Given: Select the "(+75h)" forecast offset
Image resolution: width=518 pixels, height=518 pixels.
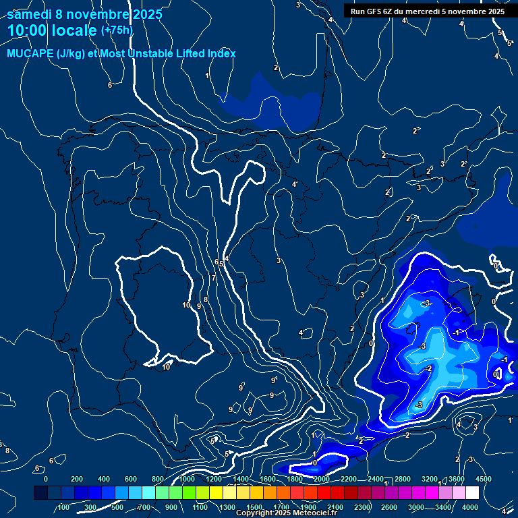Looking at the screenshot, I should (x=117, y=30).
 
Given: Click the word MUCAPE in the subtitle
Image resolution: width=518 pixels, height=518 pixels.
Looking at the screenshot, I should (x=32, y=53).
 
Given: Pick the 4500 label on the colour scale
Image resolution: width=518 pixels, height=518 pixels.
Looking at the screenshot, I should (x=483, y=479).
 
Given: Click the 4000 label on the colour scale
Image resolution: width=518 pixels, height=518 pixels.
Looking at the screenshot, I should (x=470, y=507).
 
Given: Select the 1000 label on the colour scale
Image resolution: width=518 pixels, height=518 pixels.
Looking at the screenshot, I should (x=187, y=479).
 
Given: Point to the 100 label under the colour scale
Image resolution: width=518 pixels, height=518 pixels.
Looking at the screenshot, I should (x=64, y=507).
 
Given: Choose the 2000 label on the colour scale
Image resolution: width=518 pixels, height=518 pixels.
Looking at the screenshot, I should (x=322, y=479).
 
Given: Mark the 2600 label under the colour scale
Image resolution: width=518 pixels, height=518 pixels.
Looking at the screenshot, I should (x=389, y=507).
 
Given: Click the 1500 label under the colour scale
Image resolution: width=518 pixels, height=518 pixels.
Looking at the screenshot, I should (x=254, y=507).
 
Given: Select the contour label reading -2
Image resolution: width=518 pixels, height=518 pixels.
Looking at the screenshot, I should (x=428, y=368).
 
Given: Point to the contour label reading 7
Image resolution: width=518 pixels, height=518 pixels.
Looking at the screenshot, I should (x=214, y=279).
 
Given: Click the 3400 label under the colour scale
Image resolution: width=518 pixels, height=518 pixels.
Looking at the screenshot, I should (x=443, y=507).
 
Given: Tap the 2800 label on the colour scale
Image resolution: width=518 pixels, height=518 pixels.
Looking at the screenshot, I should (x=403, y=479).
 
